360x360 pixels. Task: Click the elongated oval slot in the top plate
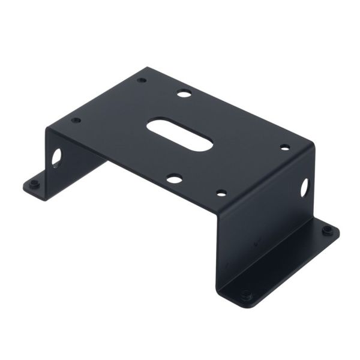[180, 134]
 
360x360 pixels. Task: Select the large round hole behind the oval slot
[184, 94]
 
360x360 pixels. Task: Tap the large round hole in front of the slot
[175, 178]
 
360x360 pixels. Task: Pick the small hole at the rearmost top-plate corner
[142, 80]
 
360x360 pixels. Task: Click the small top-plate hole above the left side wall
[76, 120]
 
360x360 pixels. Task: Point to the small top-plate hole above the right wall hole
[285, 147]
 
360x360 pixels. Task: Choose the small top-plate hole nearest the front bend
[221, 193]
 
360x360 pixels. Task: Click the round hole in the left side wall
[56, 157]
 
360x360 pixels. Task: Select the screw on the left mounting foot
[35, 184]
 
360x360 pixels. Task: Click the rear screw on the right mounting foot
[327, 230]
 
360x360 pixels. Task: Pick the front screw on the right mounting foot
[245, 295]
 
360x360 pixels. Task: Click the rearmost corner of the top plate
[146, 68]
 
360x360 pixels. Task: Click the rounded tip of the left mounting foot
[26, 187]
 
